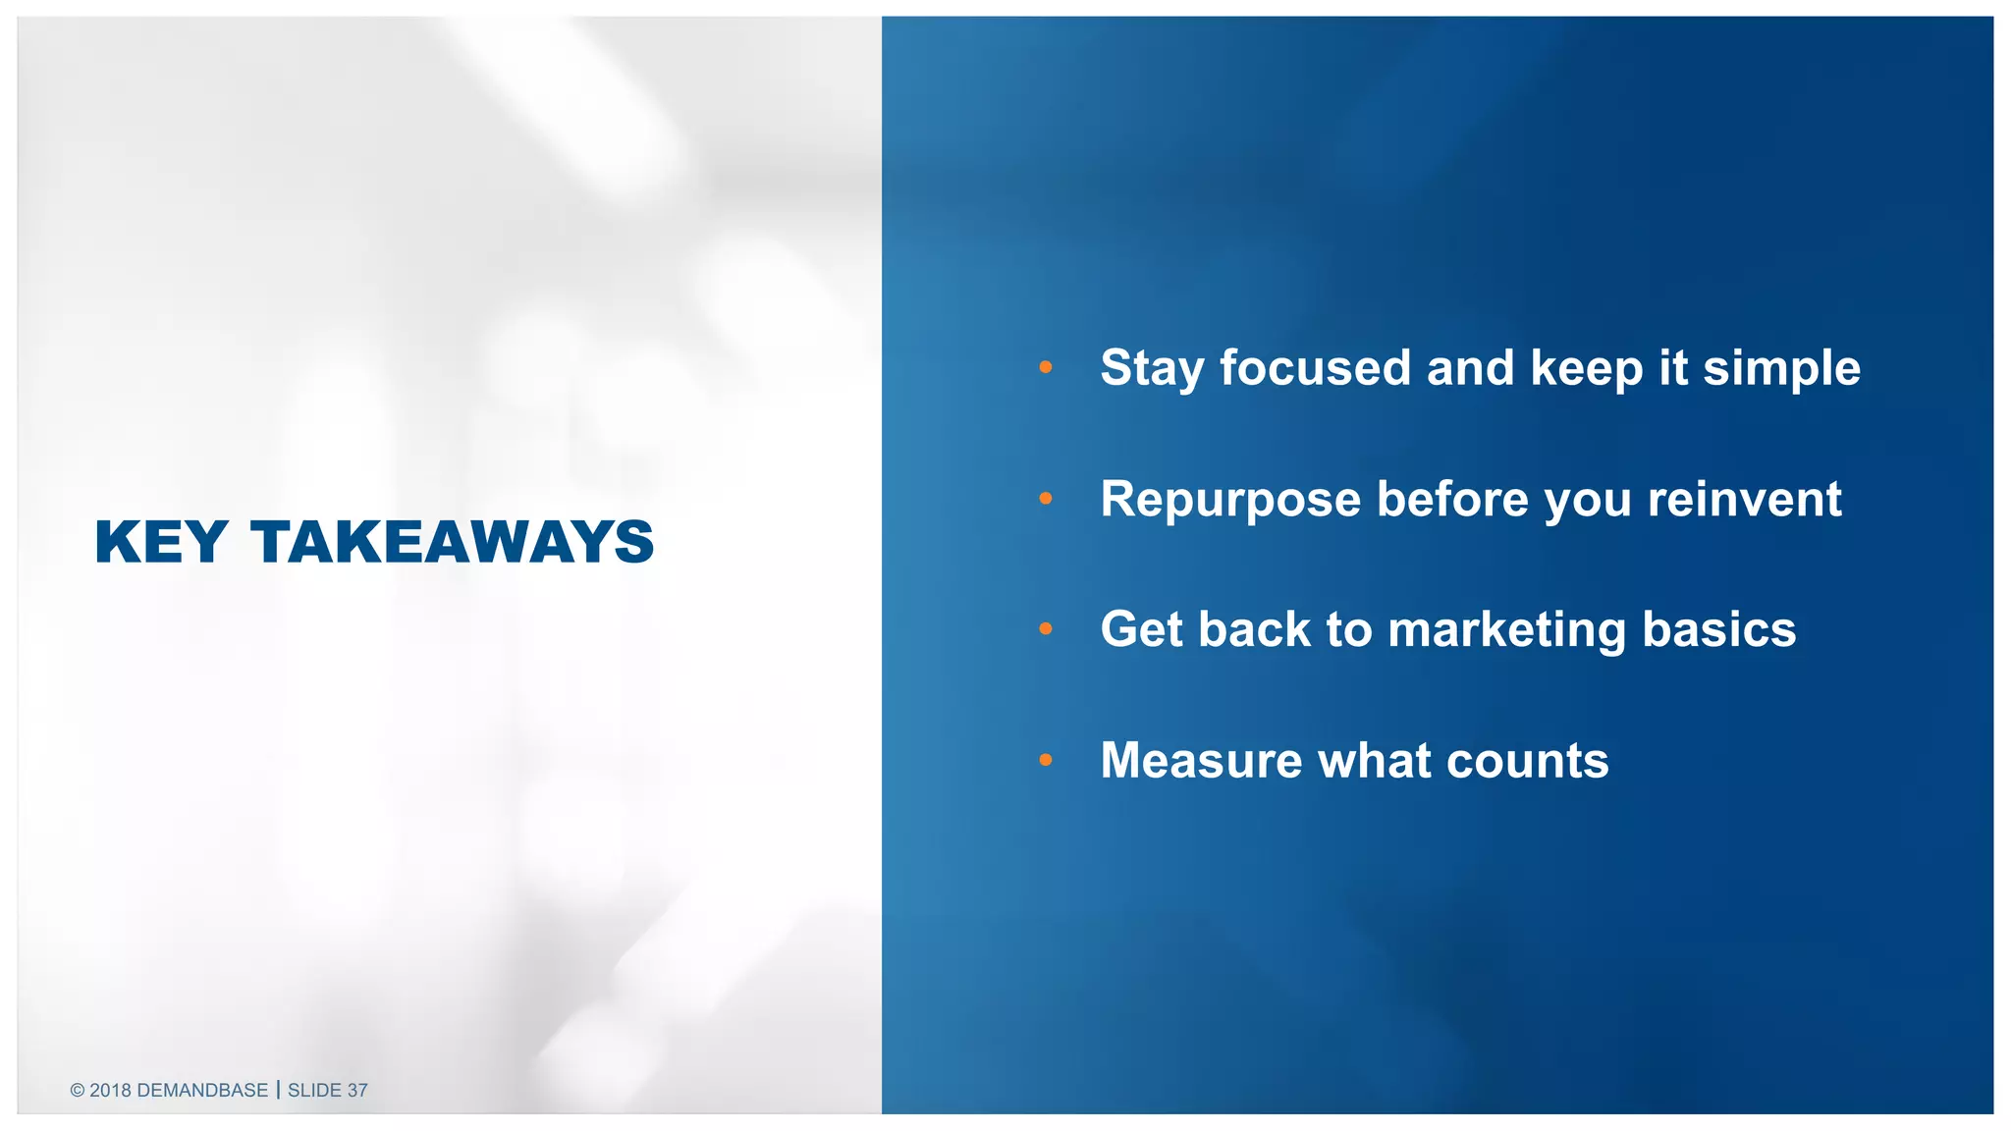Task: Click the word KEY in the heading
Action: [x=161, y=542]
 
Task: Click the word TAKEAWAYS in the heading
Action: [x=452, y=542]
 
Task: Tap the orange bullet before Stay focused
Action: [x=1045, y=367]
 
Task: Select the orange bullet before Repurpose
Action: [x=1045, y=499]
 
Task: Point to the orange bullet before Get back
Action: [x=1045, y=628]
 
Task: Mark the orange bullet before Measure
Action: [x=1045, y=760]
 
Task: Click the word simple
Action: [x=1781, y=369]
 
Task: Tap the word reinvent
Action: [x=1744, y=499]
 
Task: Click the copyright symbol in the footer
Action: [x=78, y=1091]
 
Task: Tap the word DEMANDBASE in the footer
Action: [x=202, y=1091]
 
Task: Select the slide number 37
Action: [x=357, y=1091]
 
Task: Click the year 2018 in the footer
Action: [x=110, y=1091]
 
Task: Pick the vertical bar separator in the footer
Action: [x=278, y=1090]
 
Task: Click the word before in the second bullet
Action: [x=1452, y=499]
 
